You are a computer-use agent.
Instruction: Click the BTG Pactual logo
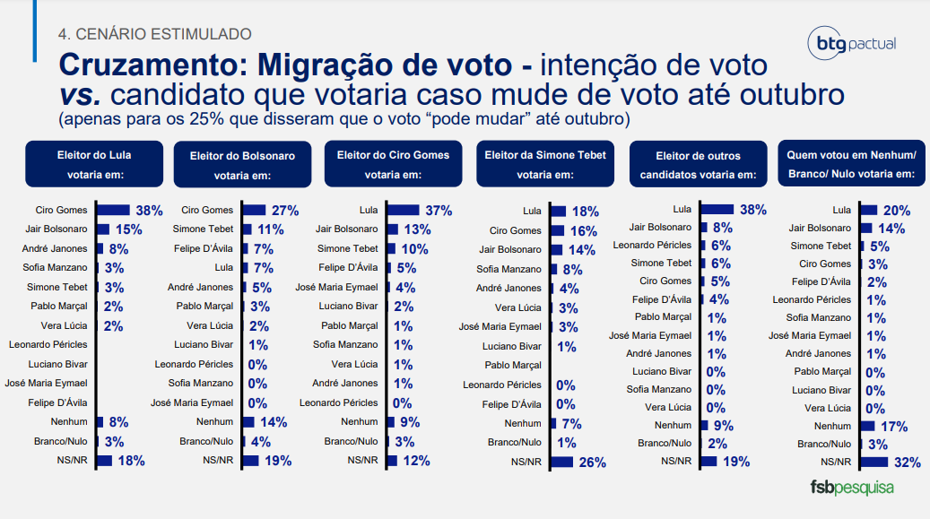tap(851, 43)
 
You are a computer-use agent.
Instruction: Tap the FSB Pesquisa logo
tap(852, 488)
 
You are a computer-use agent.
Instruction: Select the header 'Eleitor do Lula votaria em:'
tap(94, 163)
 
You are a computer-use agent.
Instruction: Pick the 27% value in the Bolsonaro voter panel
tap(284, 211)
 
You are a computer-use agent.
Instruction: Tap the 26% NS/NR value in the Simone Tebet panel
tap(592, 463)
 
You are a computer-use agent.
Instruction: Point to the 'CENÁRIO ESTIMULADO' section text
tap(154, 34)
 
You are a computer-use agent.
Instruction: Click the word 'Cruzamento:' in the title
tap(152, 65)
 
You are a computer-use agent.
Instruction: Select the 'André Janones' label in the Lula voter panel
tap(56, 248)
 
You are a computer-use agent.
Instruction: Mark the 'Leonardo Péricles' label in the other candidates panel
tap(652, 245)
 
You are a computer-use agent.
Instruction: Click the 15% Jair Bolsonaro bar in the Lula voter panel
tap(101, 229)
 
